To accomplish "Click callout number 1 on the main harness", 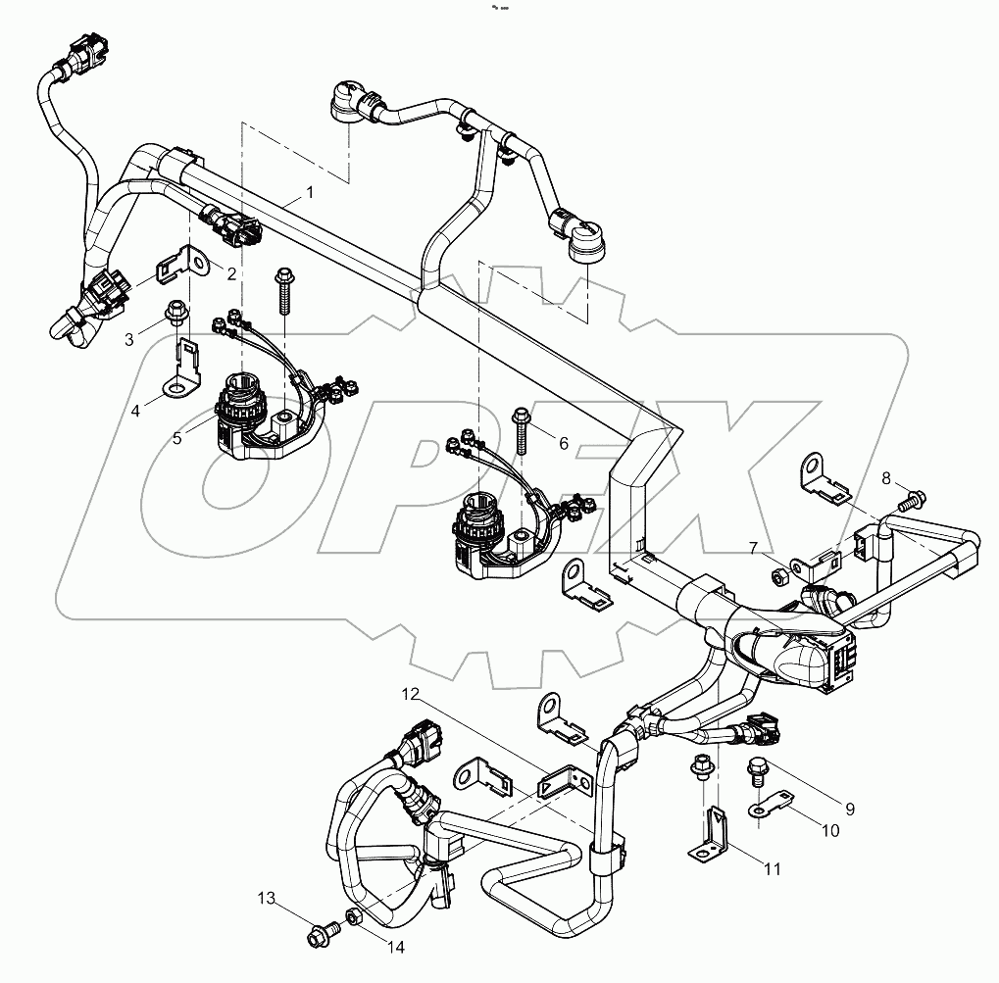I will click(x=310, y=193).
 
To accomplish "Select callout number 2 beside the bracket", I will click(x=232, y=274).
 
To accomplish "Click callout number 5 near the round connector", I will click(x=177, y=438).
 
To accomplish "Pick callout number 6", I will click(x=563, y=443).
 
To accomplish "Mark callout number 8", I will click(x=886, y=479).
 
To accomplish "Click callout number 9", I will click(x=850, y=810).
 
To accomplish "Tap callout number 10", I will click(x=829, y=831).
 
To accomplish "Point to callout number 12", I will click(x=409, y=694).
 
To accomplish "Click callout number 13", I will click(x=267, y=898).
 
